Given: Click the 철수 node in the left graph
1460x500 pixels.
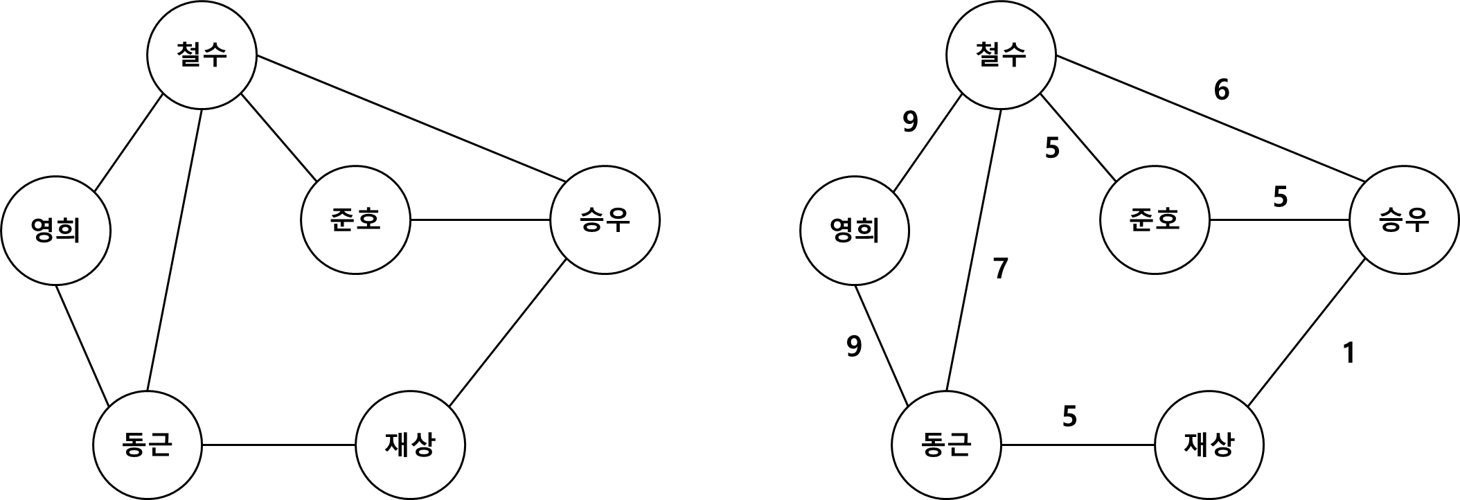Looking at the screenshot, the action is (x=202, y=55).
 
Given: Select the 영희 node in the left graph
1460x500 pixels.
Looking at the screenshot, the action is (x=55, y=230).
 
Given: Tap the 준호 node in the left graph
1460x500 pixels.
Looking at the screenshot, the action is (x=355, y=220).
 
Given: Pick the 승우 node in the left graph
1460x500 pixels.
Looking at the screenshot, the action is (x=605, y=220).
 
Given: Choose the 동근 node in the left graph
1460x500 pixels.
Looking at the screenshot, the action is (x=147, y=445).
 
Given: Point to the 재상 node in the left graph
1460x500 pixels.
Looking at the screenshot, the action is (x=410, y=445).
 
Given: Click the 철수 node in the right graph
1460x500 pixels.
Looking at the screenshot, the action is (x=1001, y=55).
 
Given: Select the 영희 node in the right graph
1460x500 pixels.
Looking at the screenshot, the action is (x=854, y=230).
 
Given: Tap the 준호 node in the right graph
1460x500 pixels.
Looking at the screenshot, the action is (x=1155, y=220).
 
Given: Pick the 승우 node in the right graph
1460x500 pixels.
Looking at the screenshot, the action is (x=1404, y=220).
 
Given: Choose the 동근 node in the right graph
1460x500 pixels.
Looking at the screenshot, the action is (x=946, y=445).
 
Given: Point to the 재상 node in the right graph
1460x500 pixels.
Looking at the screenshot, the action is (x=1209, y=445).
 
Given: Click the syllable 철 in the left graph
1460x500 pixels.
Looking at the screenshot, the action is (x=189, y=55).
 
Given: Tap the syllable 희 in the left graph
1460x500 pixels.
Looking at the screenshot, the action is (x=69, y=230).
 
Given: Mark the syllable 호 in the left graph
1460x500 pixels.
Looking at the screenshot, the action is (x=368, y=220).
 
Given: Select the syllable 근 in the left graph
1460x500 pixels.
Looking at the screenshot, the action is (x=160, y=445).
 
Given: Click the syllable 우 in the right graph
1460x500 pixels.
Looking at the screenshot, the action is (x=1417, y=220).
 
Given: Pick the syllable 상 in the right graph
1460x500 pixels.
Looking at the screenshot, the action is (x=1222, y=445).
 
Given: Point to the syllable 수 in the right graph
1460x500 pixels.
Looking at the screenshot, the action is (x=1014, y=55).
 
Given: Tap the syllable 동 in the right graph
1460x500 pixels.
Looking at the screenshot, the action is (x=933, y=445).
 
